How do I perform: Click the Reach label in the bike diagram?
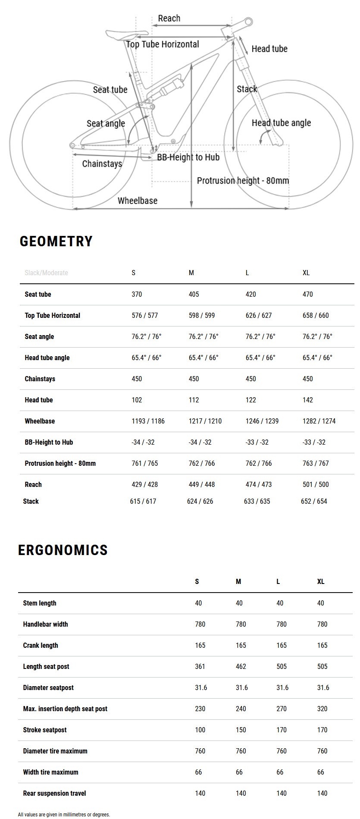click(169, 19)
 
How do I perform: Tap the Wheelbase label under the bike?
click(138, 201)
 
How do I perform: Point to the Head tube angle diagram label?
click(281, 123)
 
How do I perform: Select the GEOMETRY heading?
click(56, 241)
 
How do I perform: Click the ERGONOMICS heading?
click(63, 550)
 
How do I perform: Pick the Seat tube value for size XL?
click(308, 294)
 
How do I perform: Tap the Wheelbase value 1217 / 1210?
click(205, 421)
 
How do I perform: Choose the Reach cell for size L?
click(259, 484)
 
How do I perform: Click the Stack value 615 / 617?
click(143, 501)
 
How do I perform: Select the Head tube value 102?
click(137, 400)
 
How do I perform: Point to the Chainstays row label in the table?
click(40, 379)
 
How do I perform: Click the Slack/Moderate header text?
click(47, 273)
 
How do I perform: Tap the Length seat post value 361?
click(200, 666)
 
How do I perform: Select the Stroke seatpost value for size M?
click(241, 730)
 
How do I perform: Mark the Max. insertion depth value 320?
click(322, 709)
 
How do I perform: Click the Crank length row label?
click(41, 645)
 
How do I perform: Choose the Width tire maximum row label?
click(51, 772)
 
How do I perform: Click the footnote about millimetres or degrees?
click(64, 815)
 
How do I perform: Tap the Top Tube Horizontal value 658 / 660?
click(316, 315)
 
